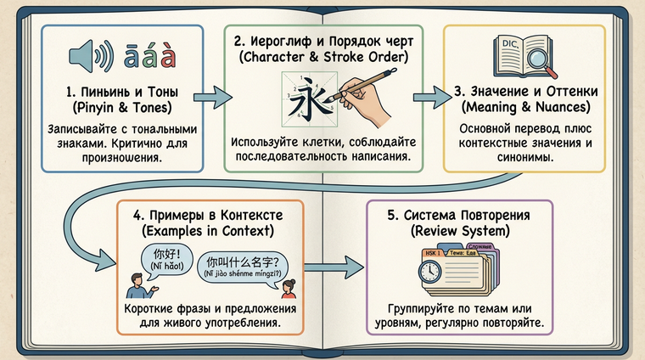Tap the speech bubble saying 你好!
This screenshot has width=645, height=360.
(x=164, y=260)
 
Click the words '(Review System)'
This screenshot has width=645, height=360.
(x=461, y=231)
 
